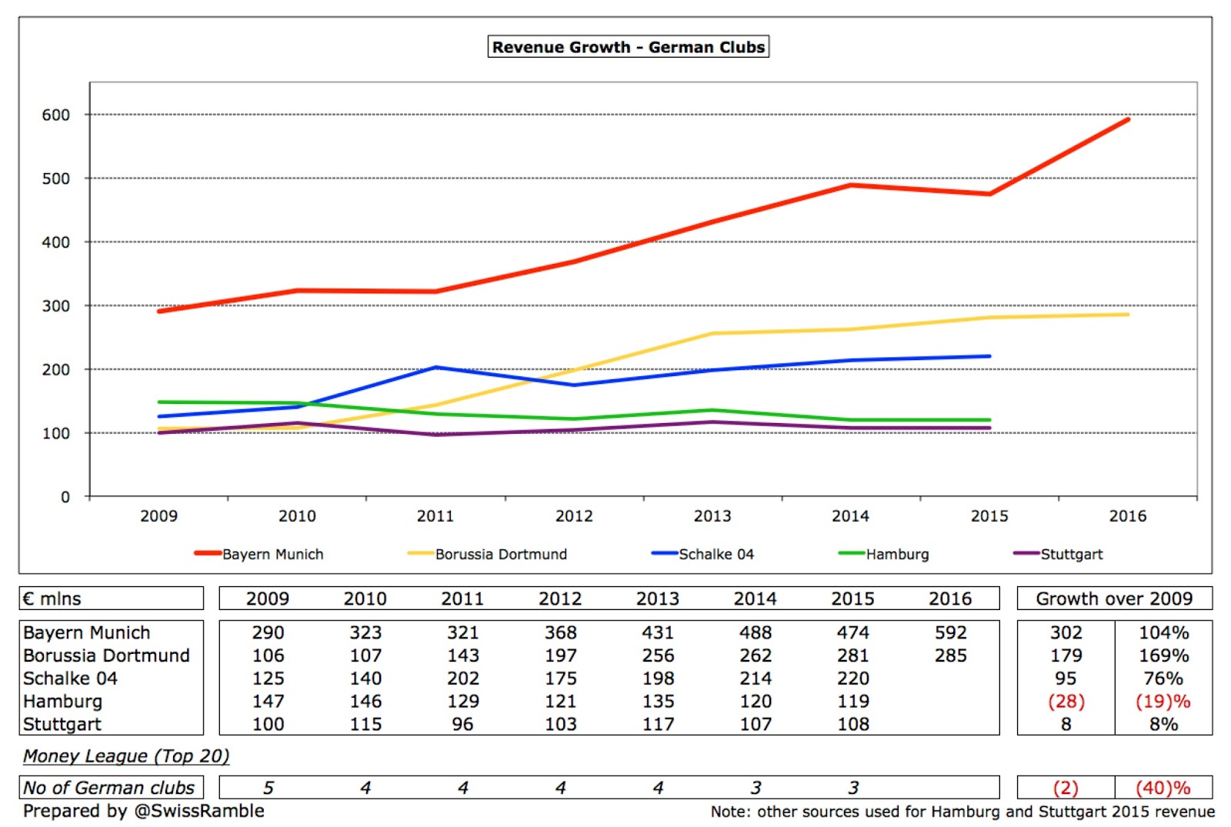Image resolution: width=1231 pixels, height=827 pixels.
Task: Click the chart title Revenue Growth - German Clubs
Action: coord(628,47)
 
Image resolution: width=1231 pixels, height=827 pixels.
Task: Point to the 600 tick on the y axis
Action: coord(55,115)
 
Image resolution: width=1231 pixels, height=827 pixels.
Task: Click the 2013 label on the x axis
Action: coord(712,516)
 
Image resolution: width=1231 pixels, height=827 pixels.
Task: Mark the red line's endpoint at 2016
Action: coord(1128,119)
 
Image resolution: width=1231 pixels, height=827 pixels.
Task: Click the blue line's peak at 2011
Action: coord(435,368)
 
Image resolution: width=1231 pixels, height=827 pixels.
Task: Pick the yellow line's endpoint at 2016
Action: coord(1128,315)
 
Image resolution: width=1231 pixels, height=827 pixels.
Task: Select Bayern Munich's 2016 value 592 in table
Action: coord(950,632)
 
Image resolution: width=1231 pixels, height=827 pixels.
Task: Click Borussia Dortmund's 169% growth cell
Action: coord(1163,655)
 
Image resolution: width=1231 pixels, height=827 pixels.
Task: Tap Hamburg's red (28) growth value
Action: coord(1066,702)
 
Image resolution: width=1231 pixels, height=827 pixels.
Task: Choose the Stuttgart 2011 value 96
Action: coord(462,724)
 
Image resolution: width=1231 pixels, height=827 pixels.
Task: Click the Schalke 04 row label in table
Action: coord(70,679)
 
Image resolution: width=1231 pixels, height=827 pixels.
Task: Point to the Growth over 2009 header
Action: coord(1113,599)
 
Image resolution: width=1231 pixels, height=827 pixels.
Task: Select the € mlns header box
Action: coord(111,599)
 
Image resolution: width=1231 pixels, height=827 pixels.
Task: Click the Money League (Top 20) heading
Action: coord(126,756)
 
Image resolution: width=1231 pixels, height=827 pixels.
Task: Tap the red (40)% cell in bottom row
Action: coord(1163,788)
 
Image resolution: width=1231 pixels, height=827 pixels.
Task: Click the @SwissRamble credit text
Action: coord(198,811)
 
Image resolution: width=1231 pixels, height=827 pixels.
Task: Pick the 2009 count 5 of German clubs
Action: coord(268,788)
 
